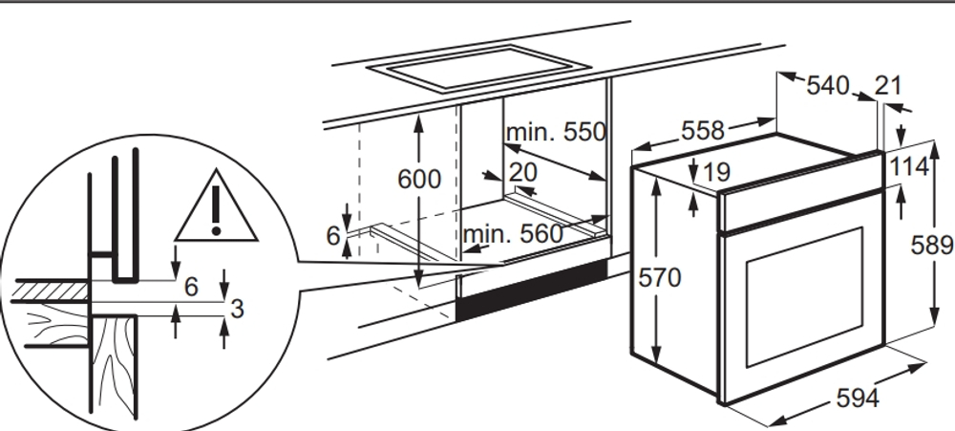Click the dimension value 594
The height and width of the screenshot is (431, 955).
[858, 399]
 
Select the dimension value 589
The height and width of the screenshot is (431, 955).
[932, 245]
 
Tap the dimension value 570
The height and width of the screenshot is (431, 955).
[660, 278]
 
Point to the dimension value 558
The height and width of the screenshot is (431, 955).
[703, 131]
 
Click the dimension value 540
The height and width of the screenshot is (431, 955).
[828, 86]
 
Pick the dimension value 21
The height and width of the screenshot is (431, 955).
[888, 85]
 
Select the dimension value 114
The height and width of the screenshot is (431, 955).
[909, 166]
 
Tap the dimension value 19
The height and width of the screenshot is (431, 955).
[716, 172]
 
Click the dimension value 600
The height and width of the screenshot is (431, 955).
[419, 180]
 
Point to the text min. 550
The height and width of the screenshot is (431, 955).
[556, 132]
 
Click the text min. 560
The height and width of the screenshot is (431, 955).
[513, 234]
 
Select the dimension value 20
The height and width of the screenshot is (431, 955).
[523, 173]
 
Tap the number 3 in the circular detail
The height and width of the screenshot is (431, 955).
[237, 309]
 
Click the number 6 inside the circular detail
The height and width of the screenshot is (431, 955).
[191, 287]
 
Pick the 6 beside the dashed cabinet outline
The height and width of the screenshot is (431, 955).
[333, 236]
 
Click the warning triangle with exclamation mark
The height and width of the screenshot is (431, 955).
[216, 205]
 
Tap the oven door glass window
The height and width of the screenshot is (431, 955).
[804, 297]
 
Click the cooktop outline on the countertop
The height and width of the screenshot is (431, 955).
[478, 68]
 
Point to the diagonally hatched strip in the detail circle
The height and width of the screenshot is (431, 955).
[52, 291]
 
